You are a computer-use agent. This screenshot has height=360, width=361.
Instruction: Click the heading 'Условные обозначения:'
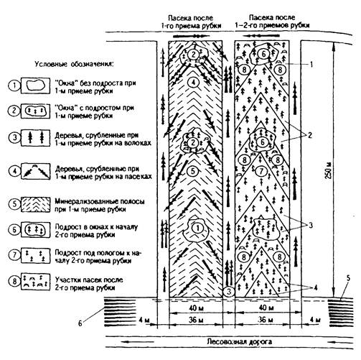click(x=75, y=65)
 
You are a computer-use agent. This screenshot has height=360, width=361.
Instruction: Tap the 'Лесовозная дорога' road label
click(x=240, y=341)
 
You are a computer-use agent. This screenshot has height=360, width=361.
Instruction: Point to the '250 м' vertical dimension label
click(x=329, y=171)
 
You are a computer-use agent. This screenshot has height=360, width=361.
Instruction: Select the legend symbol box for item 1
click(x=35, y=86)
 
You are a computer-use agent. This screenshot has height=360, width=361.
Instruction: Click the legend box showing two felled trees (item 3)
click(x=35, y=138)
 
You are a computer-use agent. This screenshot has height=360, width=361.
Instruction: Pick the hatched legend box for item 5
click(x=35, y=205)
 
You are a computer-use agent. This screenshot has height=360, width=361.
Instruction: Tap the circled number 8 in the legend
click(x=14, y=281)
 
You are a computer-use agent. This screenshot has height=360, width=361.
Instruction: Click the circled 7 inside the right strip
click(x=261, y=171)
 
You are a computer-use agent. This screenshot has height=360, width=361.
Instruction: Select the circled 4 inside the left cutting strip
click(x=193, y=82)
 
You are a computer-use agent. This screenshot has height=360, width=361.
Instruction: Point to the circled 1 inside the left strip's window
click(x=197, y=228)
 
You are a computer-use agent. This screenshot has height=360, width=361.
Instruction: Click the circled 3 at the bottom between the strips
click(x=229, y=292)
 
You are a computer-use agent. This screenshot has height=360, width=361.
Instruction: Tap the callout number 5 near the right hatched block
click(x=348, y=278)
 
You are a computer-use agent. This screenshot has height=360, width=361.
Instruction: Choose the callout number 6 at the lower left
click(x=80, y=323)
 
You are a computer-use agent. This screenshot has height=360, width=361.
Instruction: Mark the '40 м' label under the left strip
click(x=196, y=308)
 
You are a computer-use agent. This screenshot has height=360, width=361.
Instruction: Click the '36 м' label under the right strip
click(x=266, y=320)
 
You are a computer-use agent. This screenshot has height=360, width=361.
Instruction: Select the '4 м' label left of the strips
click(x=144, y=320)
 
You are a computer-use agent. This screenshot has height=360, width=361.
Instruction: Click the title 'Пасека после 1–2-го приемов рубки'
click(x=272, y=22)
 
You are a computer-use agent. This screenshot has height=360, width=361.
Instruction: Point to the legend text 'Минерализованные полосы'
click(x=100, y=201)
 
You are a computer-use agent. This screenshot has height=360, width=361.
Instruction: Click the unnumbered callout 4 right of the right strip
click(x=316, y=287)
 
